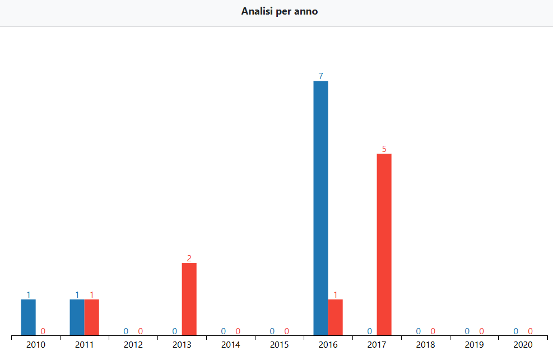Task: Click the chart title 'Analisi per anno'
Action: pyautogui.click(x=280, y=11)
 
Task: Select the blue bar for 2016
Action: pyautogui.click(x=320, y=208)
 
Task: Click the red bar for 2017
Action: pyautogui.click(x=384, y=244)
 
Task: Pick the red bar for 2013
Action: pyautogui.click(x=189, y=299)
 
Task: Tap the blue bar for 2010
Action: pyautogui.click(x=29, y=317)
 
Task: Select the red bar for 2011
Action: pyautogui.click(x=92, y=317)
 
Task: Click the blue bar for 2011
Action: pyautogui.click(x=77, y=317)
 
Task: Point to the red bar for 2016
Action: pyautogui.click(x=335, y=317)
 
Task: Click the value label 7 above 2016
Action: pyautogui.click(x=320, y=76)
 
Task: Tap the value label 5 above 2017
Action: pyautogui.click(x=384, y=149)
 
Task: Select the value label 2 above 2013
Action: pyautogui.click(x=189, y=258)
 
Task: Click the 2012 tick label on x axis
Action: pyautogui.click(x=133, y=345)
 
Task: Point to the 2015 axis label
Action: pyautogui.click(x=280, y=345)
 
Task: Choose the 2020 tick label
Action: pyautogui.click(x=523, y=345)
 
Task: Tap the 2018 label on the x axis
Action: pyautogui.click(x=425, y=345)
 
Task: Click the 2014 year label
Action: pyautogui.click(x=231, y=345)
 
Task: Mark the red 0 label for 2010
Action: pyautogui.click(x=43, y=331)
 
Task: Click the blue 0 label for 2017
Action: pyautogui.click(x=369, y=331)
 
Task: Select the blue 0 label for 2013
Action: pyautogui.click(x=175, y=331)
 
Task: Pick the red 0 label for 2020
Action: pyautogui.click(x=530, y=331)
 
